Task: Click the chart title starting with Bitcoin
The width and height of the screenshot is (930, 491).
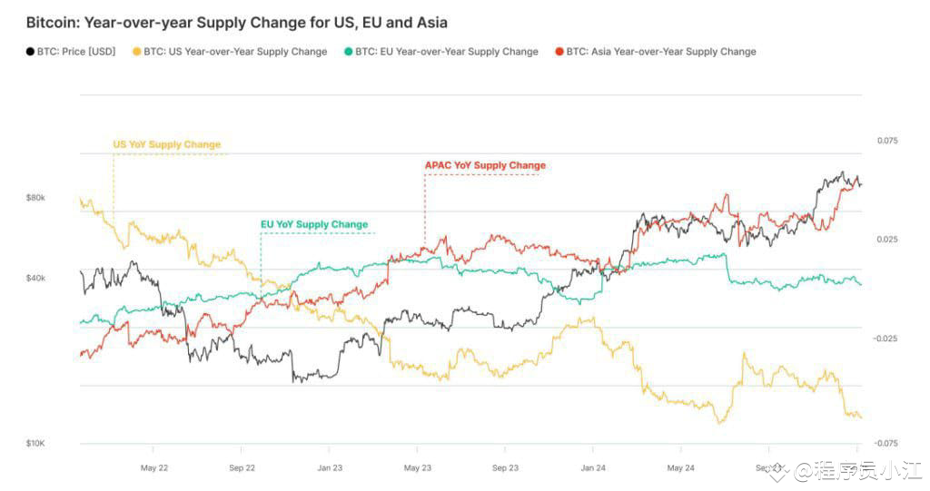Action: [236, 22]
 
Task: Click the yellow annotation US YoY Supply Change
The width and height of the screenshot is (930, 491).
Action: [166, 144]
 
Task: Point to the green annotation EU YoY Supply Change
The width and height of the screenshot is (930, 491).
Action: [314, 224]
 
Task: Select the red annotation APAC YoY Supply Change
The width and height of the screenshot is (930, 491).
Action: [485, 165]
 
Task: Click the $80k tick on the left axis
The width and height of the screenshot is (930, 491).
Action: [35, 197]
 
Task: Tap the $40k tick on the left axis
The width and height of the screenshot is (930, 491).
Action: [35, 278]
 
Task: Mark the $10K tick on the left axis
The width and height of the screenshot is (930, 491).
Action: [35, 443]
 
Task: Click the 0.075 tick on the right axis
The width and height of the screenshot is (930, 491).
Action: [886, 141]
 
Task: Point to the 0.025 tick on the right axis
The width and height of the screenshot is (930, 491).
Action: [886, 240]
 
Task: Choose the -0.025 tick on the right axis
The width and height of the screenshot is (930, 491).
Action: [885, 338]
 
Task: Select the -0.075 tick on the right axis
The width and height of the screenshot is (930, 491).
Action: [885, 443]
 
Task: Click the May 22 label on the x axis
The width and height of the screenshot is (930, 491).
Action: [154, 468]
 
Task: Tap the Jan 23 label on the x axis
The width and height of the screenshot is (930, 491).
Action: [329, 468]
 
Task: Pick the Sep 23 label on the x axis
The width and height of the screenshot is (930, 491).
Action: [505, 468]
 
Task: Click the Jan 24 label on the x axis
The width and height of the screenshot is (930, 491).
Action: [593, 468]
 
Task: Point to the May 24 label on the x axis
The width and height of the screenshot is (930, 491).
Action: [680, 468]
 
